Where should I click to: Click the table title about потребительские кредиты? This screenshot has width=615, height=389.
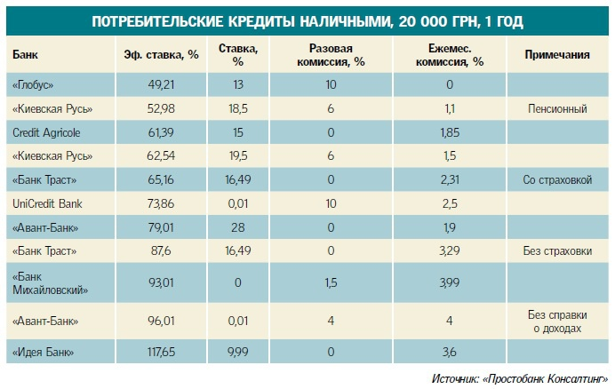[x=307, y=20]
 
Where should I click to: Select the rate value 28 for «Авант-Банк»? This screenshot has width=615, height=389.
[x=237, y=228]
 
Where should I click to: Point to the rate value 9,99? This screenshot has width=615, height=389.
[x=237, y=353]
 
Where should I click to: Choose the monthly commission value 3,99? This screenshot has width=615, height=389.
[x=450, y=282]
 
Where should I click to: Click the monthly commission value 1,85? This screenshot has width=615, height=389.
[x=450, y=132]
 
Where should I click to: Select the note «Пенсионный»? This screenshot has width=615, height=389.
[x=557, y=109]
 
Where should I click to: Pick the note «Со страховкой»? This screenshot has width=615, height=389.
[x=558, y=180]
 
